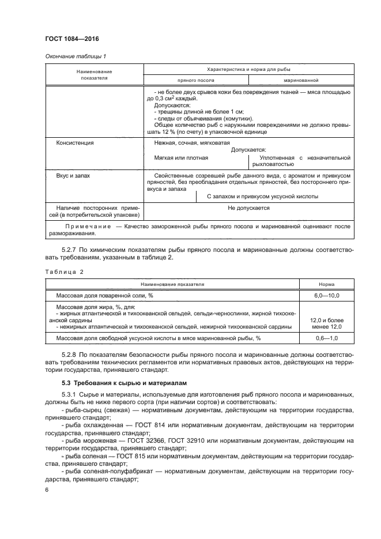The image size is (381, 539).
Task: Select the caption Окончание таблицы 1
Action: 76,56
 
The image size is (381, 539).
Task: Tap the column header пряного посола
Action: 195,81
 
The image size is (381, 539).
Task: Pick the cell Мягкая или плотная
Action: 182,157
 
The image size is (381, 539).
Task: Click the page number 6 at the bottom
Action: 47,489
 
